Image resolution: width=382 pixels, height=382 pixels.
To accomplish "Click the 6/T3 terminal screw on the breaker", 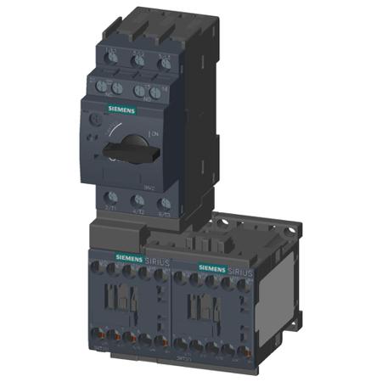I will point(164,205).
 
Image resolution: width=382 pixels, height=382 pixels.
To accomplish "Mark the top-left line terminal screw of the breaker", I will point(112,59).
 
